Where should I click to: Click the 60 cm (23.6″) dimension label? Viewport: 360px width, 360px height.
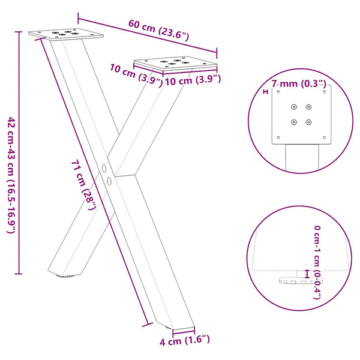159,31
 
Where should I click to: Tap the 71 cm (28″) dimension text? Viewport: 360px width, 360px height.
84,186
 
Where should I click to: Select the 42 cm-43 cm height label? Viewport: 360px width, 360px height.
10,174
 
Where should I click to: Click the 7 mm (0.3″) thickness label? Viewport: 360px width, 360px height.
299,83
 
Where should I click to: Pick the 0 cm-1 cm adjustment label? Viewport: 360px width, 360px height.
317,262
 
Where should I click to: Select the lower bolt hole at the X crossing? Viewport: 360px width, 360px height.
109,180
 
